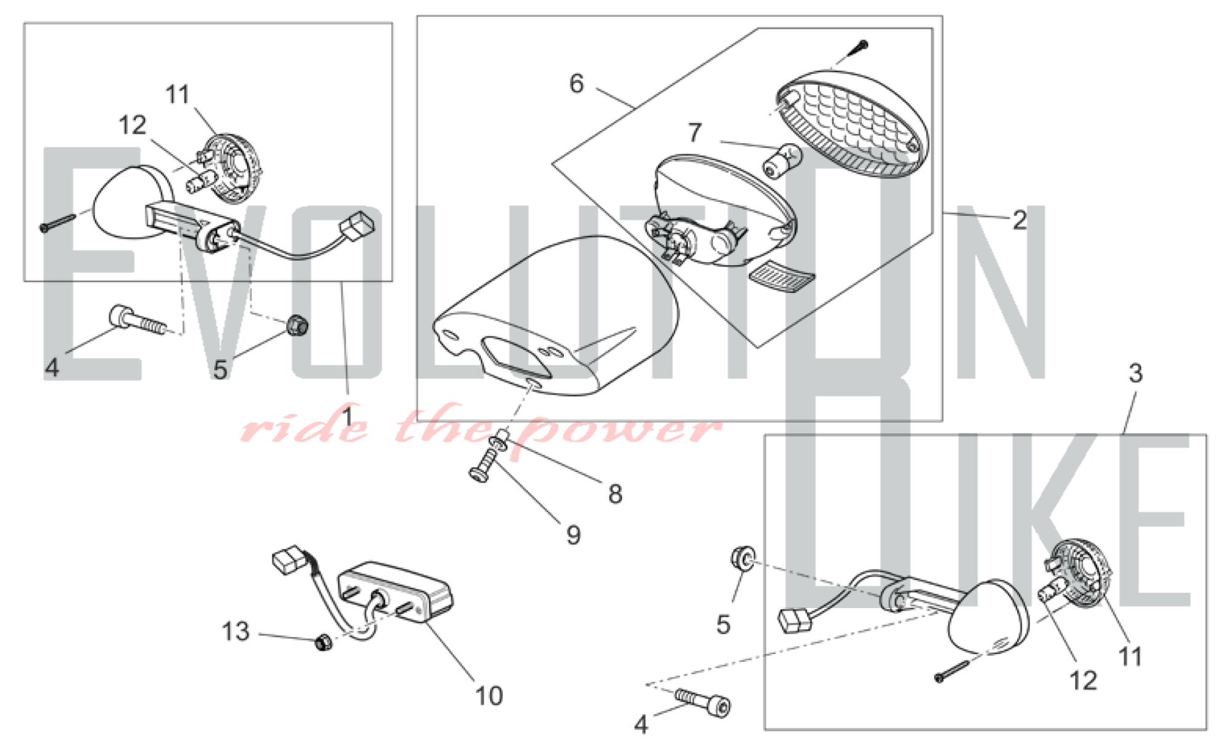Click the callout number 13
(x=236, y=631)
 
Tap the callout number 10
(x=489, y=696)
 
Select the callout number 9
(x=573, y=535)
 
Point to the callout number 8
(x=615, y=494)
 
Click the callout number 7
(x=695, y=132)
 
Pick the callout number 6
(x=576, y=84)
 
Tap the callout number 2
(x=1020, y=220)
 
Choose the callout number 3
(x=1135, y=373)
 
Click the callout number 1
(x=347, y=416)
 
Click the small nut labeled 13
(x=323, y=643)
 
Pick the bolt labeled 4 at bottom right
(x=703, y=701)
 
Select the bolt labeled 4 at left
(x=137, y=320)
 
